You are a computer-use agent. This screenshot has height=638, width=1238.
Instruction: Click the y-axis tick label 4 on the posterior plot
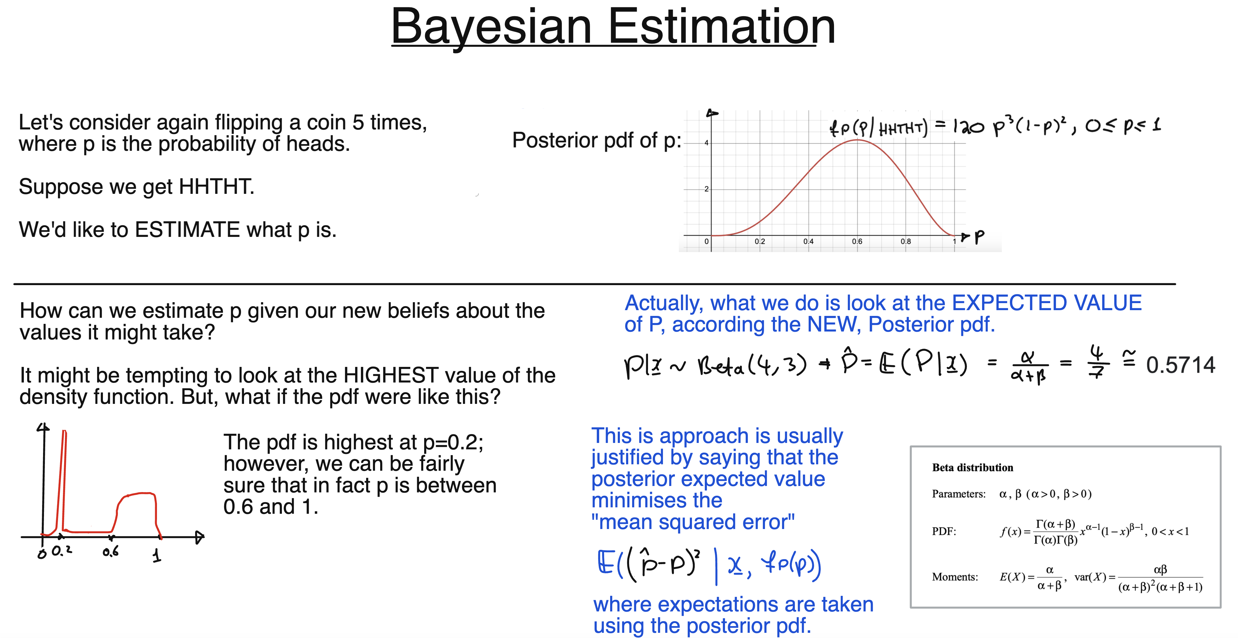[706, 143]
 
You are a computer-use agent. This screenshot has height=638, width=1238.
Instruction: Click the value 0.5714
[1180, 365]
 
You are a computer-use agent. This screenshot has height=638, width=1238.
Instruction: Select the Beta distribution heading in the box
[972, 467]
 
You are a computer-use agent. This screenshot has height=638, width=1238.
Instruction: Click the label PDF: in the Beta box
[944, 531]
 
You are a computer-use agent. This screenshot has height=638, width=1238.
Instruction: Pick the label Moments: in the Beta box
[954, 577]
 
